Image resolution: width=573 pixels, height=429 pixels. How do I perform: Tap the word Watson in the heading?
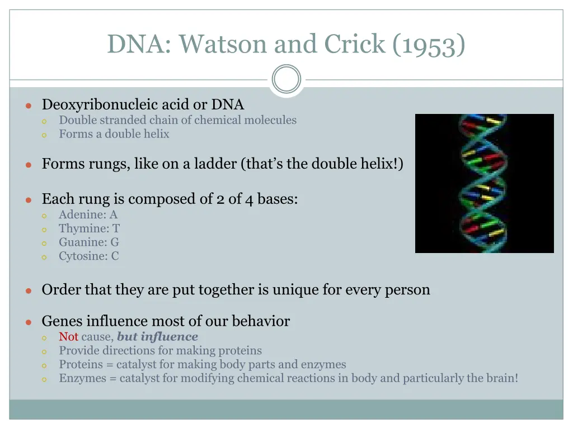coord(223,44)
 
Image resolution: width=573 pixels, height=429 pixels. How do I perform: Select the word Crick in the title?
coord(354,44)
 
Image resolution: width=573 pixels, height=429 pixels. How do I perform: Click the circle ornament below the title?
coord(286,79)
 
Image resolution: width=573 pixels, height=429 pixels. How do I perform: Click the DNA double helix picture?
coord(485,183)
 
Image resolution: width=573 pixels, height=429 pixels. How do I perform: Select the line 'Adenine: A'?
coord(88,214)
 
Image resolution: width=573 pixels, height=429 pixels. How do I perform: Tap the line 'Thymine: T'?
coord(89,228)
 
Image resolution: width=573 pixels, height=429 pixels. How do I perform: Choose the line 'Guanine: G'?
coord(89,242)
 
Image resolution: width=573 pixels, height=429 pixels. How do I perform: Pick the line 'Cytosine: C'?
coord(89,256)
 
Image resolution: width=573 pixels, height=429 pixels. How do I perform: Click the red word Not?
coord(69,336)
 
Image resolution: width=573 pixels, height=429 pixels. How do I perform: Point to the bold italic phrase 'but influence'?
coord(157,336)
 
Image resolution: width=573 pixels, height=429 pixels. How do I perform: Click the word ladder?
coord(215,164)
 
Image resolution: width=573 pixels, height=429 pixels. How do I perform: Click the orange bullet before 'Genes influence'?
coord(29,322)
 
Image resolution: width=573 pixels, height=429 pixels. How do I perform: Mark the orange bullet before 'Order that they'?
coord(29,290)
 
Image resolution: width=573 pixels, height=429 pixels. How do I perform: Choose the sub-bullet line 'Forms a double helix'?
coord(114,134)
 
